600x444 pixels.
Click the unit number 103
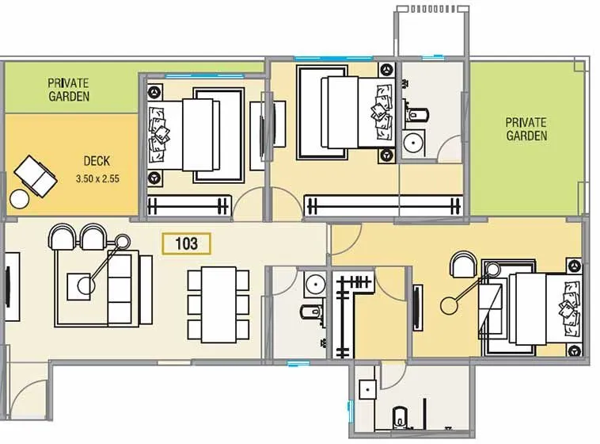(187, 243)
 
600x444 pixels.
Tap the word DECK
(96, 162)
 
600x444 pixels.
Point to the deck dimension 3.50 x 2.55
(97, 179)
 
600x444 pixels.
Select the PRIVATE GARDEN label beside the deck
(68, 89)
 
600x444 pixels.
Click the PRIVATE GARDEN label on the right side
(526, 129)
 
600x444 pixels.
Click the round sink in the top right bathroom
(412, 144)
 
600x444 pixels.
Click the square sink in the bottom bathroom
(366, 391)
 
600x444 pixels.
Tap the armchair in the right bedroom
(463, 264)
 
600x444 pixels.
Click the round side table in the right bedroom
(453, 303)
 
